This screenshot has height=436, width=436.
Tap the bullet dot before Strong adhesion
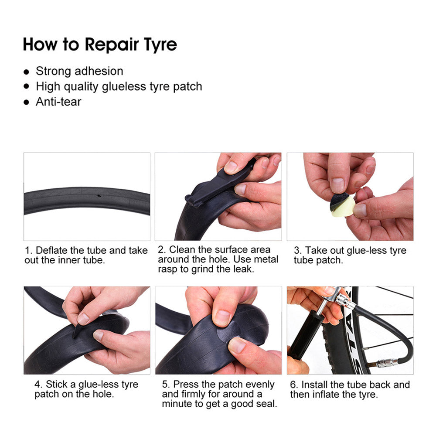click(x=27, y=72)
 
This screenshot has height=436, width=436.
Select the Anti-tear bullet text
click(x=58, y=102)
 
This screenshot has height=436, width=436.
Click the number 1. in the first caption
click(x=28, y=251)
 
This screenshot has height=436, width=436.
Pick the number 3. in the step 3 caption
click(x=298, y=251)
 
